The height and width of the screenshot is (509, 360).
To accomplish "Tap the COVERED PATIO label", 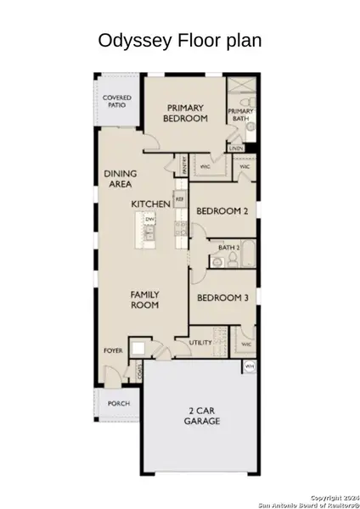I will coord(116,103).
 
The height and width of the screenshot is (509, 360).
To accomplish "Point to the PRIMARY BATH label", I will coord(240,115).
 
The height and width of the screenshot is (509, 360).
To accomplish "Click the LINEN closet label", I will coord(237,148).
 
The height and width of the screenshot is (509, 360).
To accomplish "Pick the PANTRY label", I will coord(184,165).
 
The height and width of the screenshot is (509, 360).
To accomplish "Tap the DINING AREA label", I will coord(121,178).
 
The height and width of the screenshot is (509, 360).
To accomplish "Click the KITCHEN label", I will coord(151,204).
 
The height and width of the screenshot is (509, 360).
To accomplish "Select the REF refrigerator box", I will coord(179,200).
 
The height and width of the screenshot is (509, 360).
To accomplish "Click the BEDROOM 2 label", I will coord(222,211).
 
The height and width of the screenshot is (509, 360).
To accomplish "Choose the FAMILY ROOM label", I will coord(144,300).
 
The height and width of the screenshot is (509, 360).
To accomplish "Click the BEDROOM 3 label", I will coord(222,298).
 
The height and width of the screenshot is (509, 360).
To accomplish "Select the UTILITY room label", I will coord(200,343).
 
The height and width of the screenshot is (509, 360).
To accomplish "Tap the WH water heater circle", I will coord(249,366).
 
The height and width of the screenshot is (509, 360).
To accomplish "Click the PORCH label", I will coord(118,403).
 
